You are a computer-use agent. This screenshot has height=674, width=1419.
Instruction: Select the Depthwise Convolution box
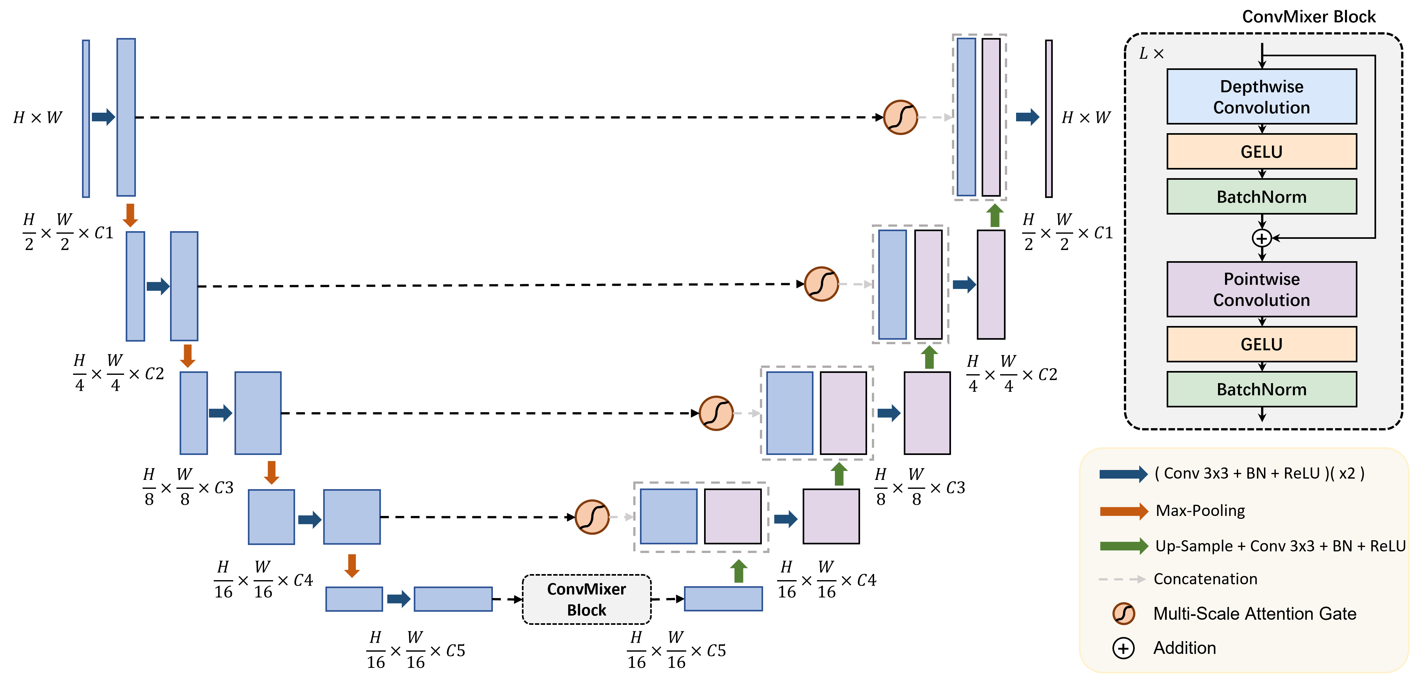coord(1261,96)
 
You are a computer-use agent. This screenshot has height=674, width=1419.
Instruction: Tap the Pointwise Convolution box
coord(1261,289)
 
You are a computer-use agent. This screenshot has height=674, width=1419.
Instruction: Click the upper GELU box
coord(1261,152)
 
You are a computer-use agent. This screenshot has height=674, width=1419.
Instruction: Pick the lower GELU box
coord(1261,345)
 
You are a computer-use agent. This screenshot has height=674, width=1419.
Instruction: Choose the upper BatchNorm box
coord(1261,197)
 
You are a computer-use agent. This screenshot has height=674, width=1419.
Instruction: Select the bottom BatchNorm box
coord(1261,390)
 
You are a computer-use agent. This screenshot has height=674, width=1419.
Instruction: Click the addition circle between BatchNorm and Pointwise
coord(1261,238)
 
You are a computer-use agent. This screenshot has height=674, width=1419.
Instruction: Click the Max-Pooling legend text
coord(1200,511)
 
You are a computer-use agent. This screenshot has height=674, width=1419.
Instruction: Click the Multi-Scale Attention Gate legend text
coord(1254,613)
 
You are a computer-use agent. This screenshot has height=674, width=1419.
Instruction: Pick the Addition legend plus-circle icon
coord(1123,648)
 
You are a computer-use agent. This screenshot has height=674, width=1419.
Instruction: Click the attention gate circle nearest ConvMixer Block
coord(591,517)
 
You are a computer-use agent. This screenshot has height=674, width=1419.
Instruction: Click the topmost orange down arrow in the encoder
coord(130,215)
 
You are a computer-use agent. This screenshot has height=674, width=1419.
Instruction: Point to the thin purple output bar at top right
coord(1049,118)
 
